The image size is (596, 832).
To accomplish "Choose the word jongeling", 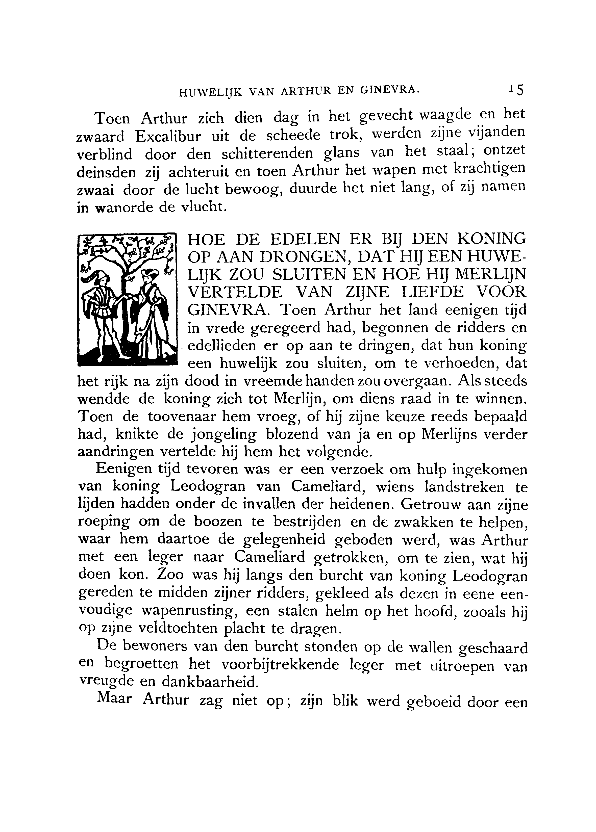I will point(224,435).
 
